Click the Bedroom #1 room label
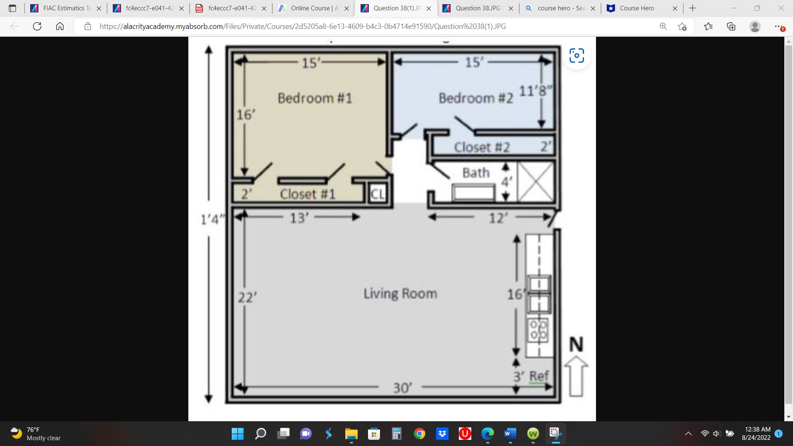[x=315, y=98]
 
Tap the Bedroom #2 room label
[x=475, y=98]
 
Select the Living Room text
[x=400, y=294]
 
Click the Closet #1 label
[x=307, y=194]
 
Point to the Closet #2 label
[x=482, y=147]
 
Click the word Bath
[x=476, y=173]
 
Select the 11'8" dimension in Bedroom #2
[x=535, y=91]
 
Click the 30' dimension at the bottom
[x=402, y=388]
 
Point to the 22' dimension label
[x=247, y=297]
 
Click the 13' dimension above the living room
[x=299, y=218]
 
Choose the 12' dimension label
[x=498, y=218]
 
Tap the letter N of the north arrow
[x=576, y=344]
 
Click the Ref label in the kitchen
[x=539, y=376]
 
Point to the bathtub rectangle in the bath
[x=473, y=192]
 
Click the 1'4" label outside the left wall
[x=212, y=219]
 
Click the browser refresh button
[x=37, y=26]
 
